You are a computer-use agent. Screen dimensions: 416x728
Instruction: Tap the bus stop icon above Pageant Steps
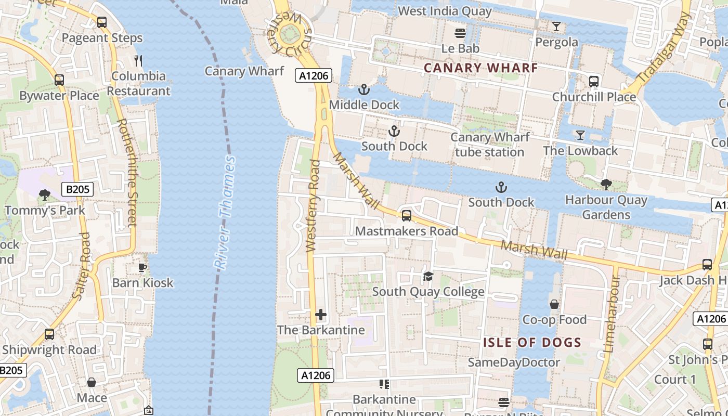(102, 22)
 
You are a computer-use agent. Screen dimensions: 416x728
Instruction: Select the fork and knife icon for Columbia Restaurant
(138, 61)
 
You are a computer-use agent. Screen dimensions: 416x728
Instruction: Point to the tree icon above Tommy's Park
(45, 195)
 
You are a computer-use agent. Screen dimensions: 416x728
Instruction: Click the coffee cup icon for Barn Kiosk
(142, 268)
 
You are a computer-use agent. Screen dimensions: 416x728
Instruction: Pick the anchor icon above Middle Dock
(364, 89)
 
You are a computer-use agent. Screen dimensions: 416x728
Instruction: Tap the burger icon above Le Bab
(460, 33)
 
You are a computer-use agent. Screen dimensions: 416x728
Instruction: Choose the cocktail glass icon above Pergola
(556, 27)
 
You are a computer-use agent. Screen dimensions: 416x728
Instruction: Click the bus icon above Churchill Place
(594, 82)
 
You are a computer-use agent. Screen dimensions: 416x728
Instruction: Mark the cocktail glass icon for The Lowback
(580, 135)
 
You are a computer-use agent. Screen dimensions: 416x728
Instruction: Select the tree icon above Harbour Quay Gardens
(606, 184)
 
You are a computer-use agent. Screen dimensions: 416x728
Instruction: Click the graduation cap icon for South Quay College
(428, 276)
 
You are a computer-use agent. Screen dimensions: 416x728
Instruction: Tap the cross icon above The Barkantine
(321, 315)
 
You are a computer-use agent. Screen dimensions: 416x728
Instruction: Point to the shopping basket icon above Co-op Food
(554, 304)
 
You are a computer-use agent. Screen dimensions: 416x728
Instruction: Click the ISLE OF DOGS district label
(532, 342)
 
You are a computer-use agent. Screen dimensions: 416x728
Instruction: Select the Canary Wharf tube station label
(489, 145)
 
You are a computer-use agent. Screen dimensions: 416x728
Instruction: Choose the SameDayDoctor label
(514, 362)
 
